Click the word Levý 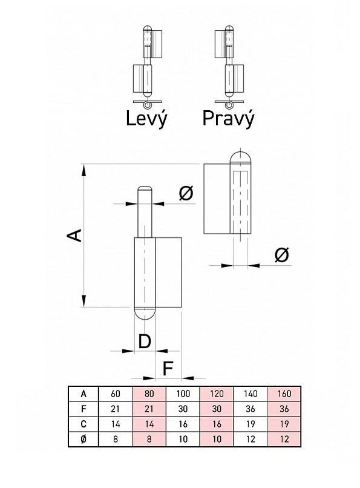146,119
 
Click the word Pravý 228,119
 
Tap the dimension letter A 75,236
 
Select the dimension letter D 145,341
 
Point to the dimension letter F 168,369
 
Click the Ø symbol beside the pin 186,193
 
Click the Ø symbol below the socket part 282,254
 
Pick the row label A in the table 83,394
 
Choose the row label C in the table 83,424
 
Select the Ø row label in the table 83,439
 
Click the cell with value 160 284,394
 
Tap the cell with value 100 183,394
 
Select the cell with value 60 116,394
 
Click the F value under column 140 250,409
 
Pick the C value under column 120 217,424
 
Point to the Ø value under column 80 149,439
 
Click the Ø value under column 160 284,439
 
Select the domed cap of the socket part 240,157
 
